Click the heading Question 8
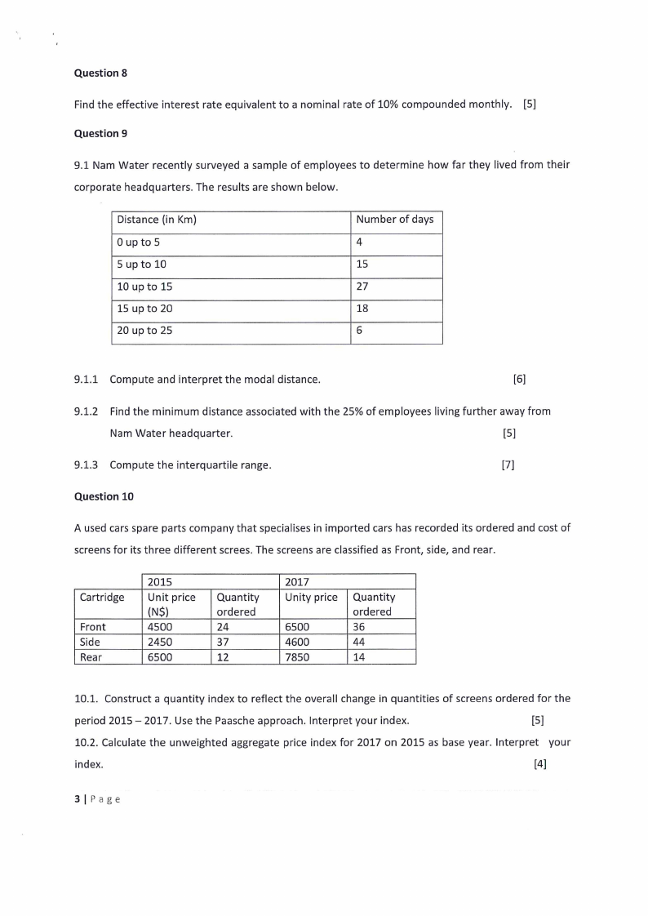point(100,73)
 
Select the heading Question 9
point(100,133)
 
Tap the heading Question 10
point(104,496)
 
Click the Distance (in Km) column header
point(157,220)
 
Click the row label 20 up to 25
point(144,331)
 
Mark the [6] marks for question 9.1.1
point(519,380)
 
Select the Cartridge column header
point(102,597)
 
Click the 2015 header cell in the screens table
point(159,581)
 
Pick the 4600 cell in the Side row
point(297,642)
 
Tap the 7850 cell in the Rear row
point(297,656)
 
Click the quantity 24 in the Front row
point(223,627)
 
